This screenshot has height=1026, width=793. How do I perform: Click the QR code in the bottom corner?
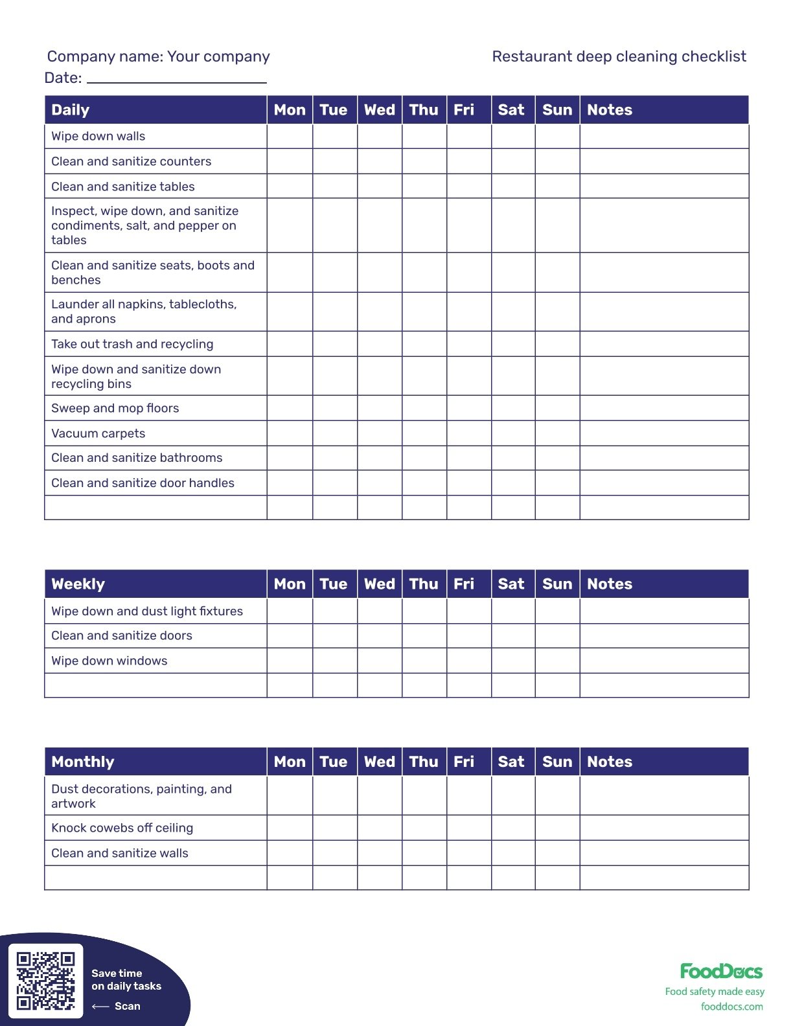45,981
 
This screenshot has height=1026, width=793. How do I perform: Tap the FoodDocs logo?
720,971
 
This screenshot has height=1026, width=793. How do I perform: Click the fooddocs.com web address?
731,1007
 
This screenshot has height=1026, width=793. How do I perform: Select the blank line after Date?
176,79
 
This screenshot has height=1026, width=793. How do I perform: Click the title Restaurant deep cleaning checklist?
619,56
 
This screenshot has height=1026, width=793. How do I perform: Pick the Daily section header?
71,110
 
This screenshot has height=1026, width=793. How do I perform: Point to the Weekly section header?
78,584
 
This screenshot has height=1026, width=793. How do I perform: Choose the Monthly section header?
82,762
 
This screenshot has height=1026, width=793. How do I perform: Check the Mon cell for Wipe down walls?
290,136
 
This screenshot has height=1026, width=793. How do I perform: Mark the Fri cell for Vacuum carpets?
468,433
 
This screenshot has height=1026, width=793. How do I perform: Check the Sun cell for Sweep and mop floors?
557,408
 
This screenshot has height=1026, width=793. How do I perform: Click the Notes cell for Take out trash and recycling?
664,344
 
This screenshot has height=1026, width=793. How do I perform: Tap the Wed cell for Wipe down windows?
379,661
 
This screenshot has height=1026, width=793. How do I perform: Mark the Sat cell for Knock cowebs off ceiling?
513,828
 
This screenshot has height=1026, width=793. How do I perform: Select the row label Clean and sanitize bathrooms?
137,458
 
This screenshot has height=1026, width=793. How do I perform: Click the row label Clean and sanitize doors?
122,635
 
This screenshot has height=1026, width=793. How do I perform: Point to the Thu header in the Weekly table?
424,584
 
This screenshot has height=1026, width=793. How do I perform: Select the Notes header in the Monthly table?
609,762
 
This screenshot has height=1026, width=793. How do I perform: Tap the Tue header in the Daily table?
334,110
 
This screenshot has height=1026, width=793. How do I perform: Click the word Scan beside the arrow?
127,1006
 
